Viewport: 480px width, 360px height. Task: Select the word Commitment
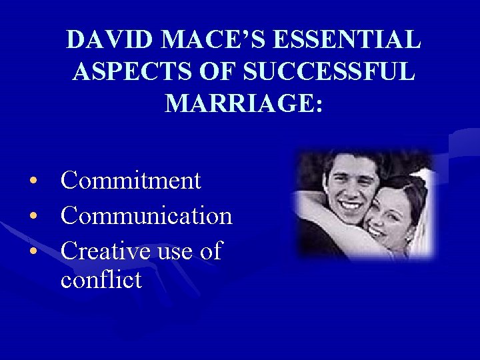coord(131,180)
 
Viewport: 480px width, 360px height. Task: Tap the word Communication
coord(146,215)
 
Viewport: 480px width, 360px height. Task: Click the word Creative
coord(107,251)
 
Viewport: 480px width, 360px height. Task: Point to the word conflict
coord(101,279)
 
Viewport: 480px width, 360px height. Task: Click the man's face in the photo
coord(351,187)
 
